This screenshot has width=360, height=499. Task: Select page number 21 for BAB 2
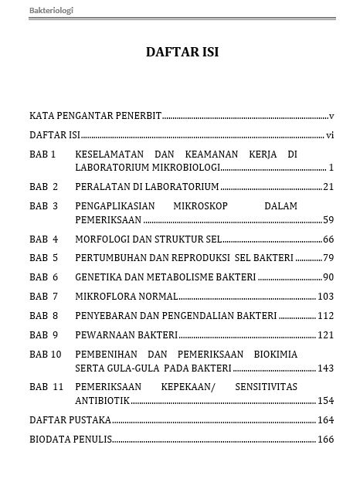(328, 186)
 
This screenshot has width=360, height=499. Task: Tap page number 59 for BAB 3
(328, 219)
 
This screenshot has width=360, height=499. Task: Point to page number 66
(328, 239)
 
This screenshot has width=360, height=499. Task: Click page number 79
(328, 257)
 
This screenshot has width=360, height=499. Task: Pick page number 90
(328, 277)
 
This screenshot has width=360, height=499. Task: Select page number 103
(325, 296)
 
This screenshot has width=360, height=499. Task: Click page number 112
(325, 315)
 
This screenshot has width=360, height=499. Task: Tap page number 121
(325, 334)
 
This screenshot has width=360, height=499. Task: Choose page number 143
(325, 368)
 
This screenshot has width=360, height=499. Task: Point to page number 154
(325, 401)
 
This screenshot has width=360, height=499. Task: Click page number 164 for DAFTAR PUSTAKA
(325, 420)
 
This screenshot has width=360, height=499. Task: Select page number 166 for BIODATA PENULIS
(325, 440)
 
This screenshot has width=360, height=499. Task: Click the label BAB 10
(46, 354)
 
